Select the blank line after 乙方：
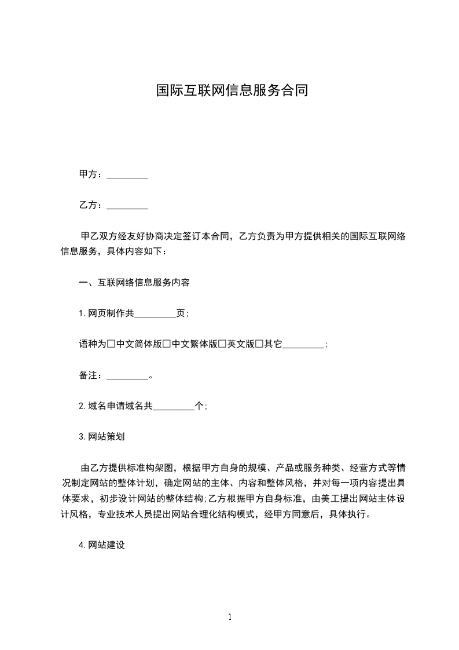pyautogui.click(x=127, y=205)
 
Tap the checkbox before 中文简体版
pyautogui.click(x=112, y=344)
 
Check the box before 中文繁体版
pyautogui.click(x=167, y=344)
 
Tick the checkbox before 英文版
pyautogui.click(x=222, y=344)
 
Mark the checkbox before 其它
pyautogui.click(x=259, y=344)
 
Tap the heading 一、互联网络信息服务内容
pyautogui.click(x=134, y=283)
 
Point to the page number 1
pyautogui.click(x=230, y=617)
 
